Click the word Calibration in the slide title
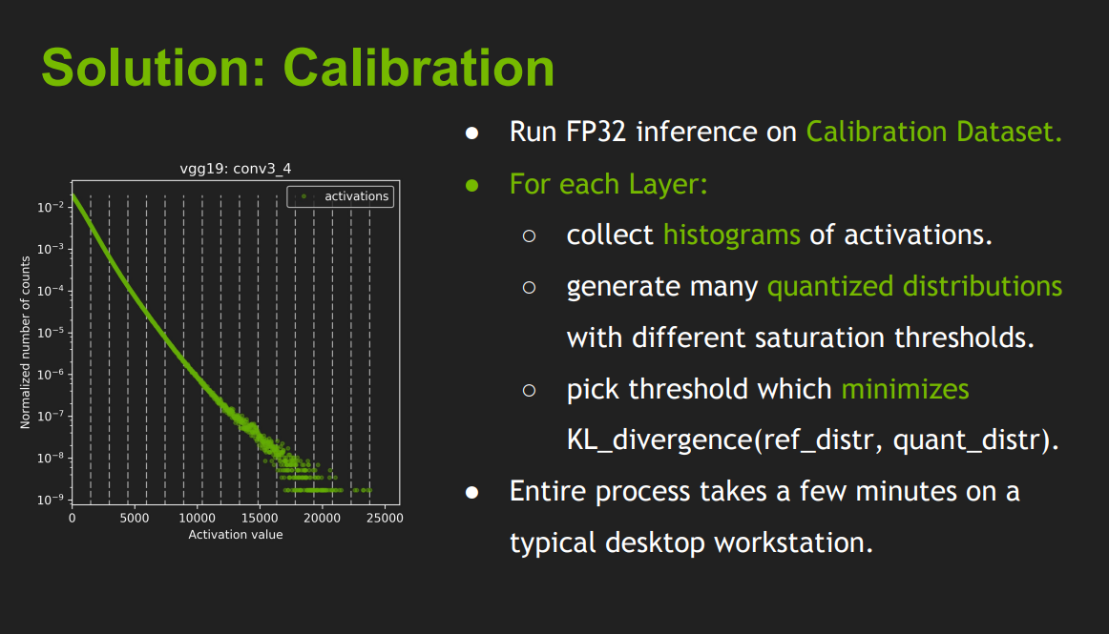pyautogui.click(x=419, y=68)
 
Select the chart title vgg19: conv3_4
pyautogui.click(x=236, y=169)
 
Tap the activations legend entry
pyautogui.click(x=341, y=196)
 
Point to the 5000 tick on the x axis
pyautogui.click(x=135, y=518)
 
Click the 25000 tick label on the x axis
pyautogui.click(x=384, y=518)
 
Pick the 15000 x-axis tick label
pyautogui.click(x=260, y=518)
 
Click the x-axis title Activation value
pyautogui.click(x=236, y=535)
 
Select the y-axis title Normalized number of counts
pyautogui.click(x=26, y=342)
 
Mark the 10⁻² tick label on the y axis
pyautogui.click(x=51, y=206)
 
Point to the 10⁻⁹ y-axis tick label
pyautogui.click(x=51, y=499)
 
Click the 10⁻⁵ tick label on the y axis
pyautogui.click(x=51, y=332)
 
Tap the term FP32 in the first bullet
pyautogui.click(x=596, y=133)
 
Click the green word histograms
pyautogui.click(x=731, y=235)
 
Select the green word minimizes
pyautogui.click(x=905, y=389)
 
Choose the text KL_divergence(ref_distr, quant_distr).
pyautogui.click(x=812, y=440)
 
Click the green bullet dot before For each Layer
pyautogui.click(x=471, y=185)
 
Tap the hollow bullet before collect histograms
pyautogui.click(x=529, y=236)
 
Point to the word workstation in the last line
pyautogui.click(x=793, y=543)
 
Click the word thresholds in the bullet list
pyautogui.click(x=964, y=337)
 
